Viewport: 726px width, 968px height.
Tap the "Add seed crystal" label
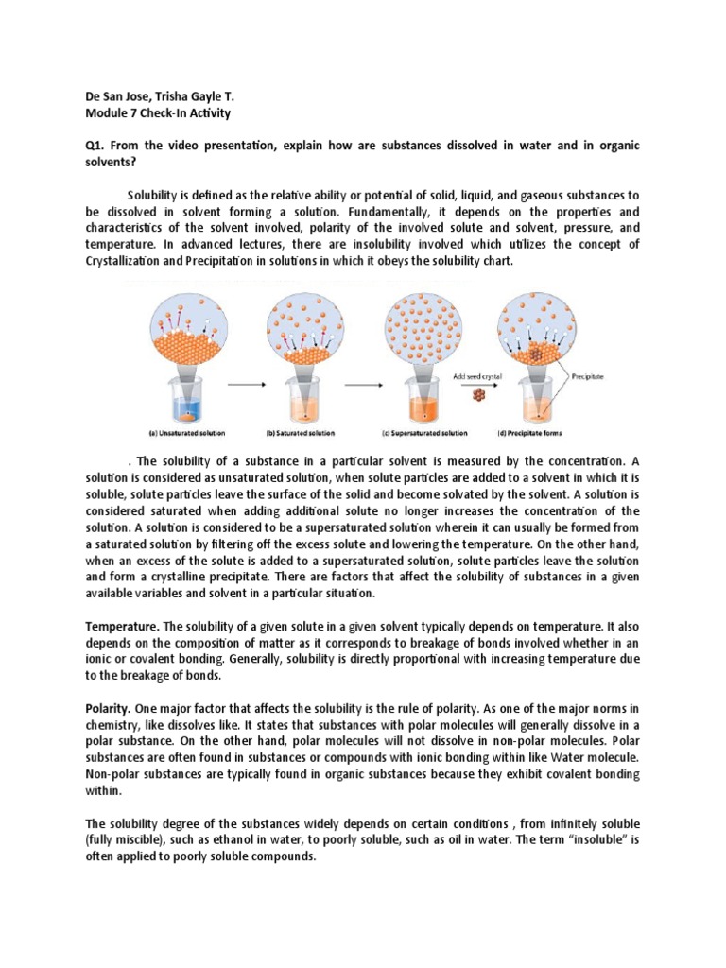point(477,375)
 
